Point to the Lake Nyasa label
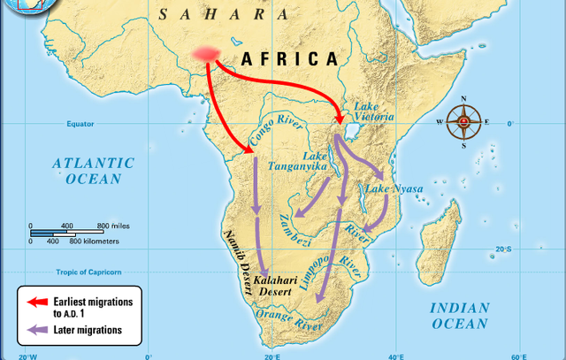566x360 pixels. click(x=394, y=189)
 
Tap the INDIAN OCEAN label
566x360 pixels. click(x=459, y=316)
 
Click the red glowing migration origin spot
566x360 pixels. click(x=208, y=54)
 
